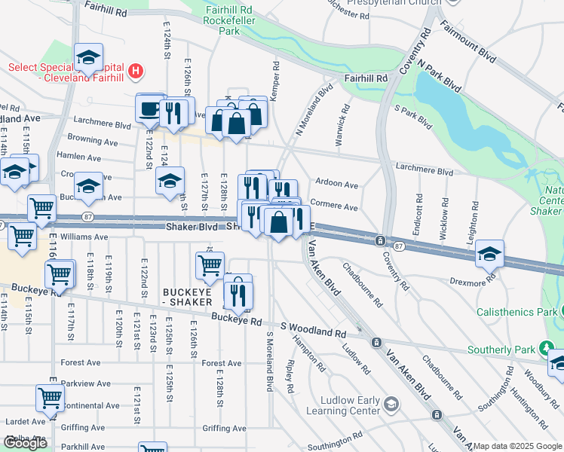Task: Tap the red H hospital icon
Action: [x=136, y=72]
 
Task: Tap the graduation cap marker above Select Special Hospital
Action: [x=88, y=57]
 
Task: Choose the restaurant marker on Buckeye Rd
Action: [x=238, y=292]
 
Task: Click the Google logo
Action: [x=26, y=443]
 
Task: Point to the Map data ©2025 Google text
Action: [x=516, y=446]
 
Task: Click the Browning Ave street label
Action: [x=93, y=141]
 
